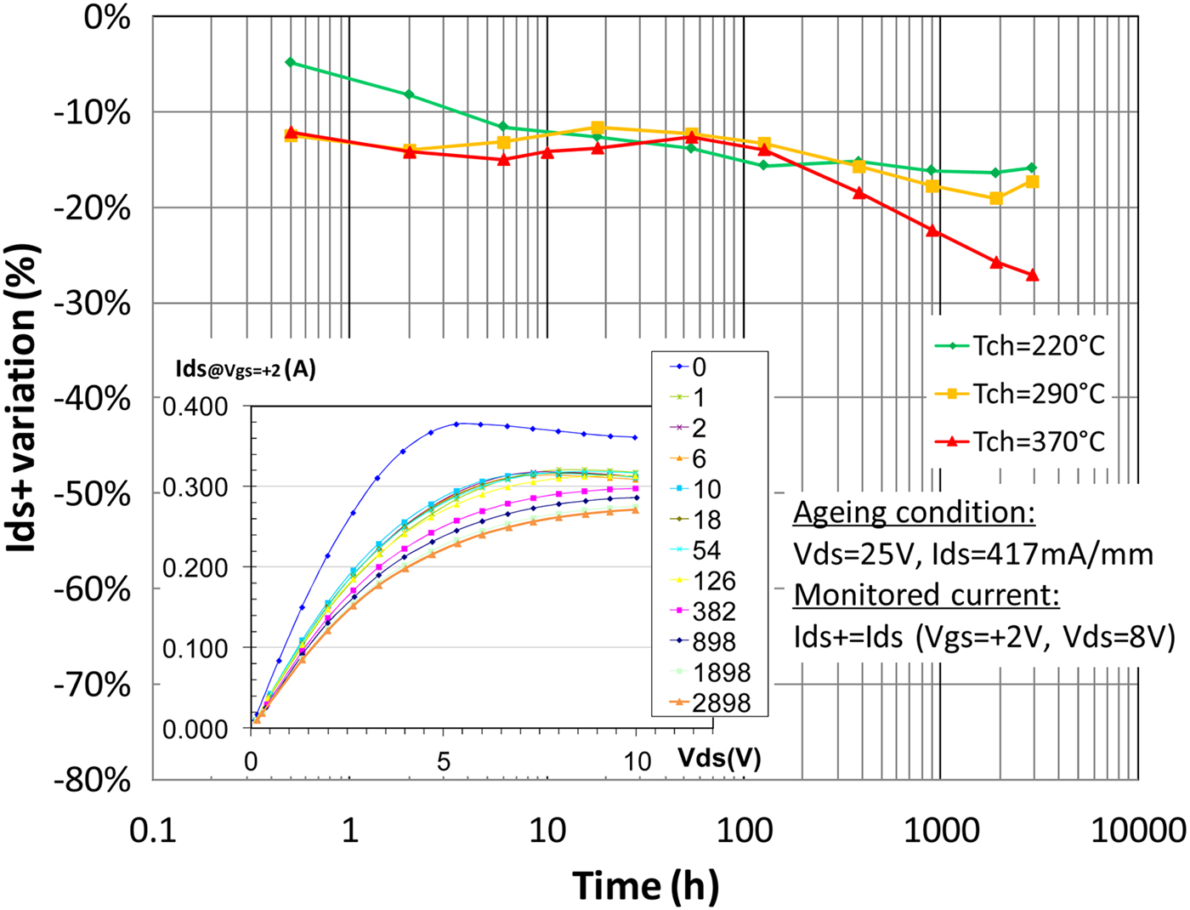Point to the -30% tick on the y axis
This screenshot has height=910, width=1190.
93,304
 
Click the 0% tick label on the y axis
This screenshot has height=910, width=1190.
107,17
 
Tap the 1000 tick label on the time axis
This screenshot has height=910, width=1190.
941,830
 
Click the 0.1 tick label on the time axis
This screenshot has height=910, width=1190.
153,830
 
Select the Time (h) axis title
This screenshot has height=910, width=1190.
646,885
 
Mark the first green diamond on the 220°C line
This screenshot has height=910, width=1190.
291,62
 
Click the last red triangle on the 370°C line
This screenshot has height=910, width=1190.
1033,276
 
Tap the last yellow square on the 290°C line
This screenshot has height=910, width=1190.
1032,182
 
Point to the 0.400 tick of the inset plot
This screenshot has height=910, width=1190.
195,407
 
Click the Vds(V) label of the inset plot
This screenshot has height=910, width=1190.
719,758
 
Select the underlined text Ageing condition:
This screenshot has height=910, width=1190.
915,513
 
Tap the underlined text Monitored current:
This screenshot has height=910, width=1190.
926,594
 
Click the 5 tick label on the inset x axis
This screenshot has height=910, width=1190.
444,760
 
